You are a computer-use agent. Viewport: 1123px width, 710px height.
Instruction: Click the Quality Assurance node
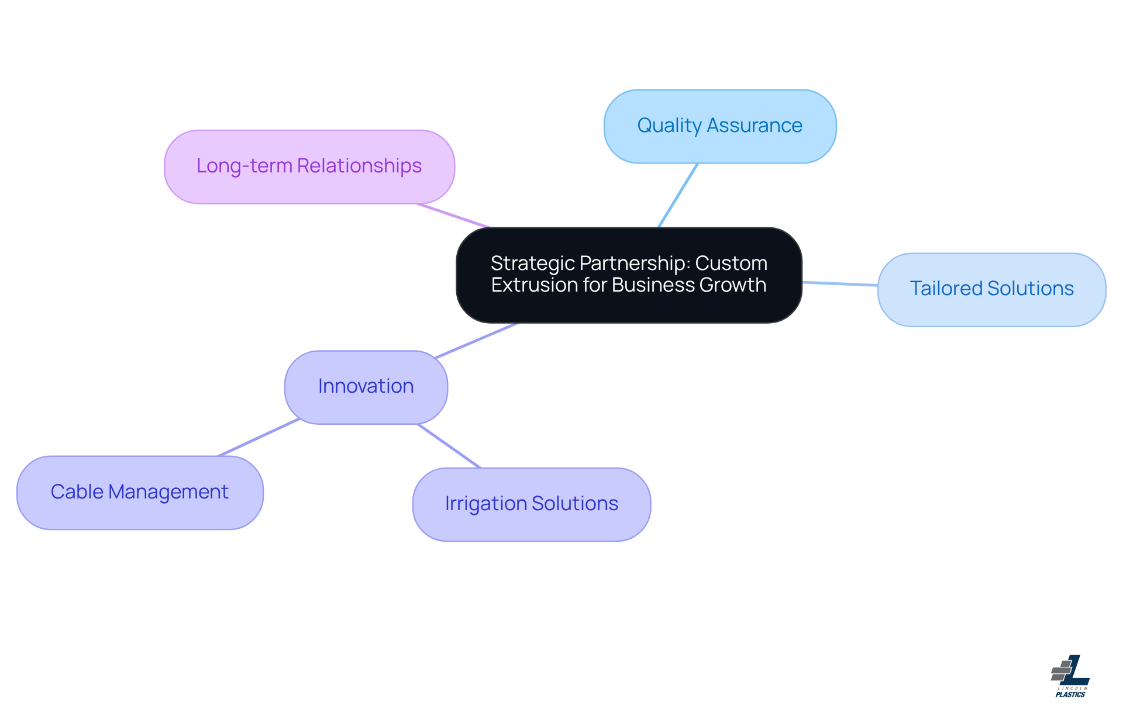tap(720, 126)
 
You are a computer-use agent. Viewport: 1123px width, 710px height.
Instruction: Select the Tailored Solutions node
tap(991, 289)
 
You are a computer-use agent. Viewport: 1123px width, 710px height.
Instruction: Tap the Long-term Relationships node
tap(309, 167)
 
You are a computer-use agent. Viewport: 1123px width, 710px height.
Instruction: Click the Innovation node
tap(366, 387)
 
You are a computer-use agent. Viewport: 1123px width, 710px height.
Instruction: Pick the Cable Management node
tap(140, 492)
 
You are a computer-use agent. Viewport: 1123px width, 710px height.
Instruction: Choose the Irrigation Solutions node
tap(531, 504)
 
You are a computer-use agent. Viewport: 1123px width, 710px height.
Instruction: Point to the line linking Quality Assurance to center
tap(678, 195)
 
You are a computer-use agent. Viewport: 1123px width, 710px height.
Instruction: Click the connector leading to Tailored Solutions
tap(840, 284)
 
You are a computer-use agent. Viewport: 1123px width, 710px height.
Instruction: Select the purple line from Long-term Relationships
tap(452, 216)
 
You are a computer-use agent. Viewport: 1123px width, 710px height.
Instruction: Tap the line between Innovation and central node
tap(477, 340)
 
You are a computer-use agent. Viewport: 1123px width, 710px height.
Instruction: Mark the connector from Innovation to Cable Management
tap(259, 437)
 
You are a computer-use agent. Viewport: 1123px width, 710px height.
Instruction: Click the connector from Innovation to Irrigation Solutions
tap(449, 446)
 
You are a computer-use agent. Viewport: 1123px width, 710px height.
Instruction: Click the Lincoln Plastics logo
tap(1070, 676)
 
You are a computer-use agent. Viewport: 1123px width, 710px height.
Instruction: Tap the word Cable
tap(77, 492)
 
